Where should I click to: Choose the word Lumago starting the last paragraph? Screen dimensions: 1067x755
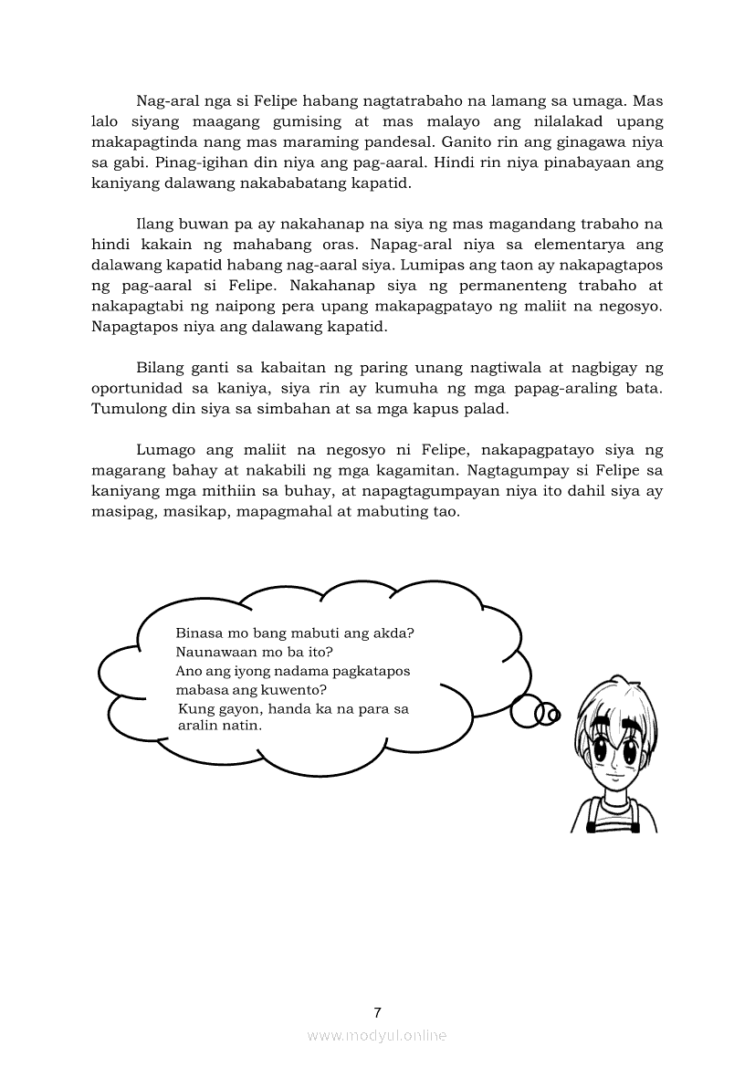pyautogui.click(x=165, y=450)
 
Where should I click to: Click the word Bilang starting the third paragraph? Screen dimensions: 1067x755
pyautogui.click(x=161, y=368)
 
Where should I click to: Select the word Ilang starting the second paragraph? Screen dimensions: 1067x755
pyautogui.click(x=155, y=225)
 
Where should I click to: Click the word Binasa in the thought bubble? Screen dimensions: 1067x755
pyautogui.click(x=199, y=633)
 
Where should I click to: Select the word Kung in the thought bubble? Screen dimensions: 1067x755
pyautogui.click(x=194, y=709)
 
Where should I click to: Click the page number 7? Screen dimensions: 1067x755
pyautogui.click(x=377, y=1011)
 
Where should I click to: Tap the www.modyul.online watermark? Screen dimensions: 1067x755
pyautogui.click(x=377, y=1035)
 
